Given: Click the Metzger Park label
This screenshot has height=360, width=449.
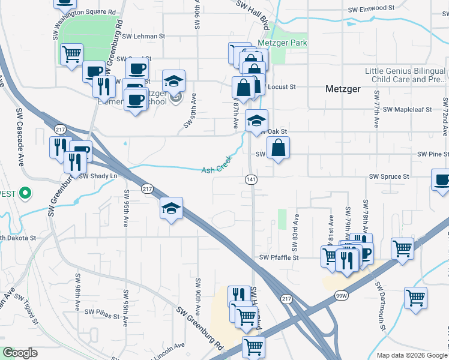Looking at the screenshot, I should (x=282, y=43).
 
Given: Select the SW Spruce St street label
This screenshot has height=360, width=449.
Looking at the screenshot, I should (x=389, y=177).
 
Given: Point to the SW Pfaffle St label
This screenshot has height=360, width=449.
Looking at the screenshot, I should (x=279, y=257).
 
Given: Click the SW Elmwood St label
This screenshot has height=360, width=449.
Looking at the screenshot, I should (x=372, y=9).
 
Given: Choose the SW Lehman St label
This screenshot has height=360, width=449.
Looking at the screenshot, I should (x=143, y=36).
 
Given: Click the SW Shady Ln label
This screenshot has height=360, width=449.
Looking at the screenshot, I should (x=98, y=176).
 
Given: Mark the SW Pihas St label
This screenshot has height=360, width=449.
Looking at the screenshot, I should (x=103, y=312).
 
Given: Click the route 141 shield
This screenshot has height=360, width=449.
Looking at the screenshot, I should (x=251, y=179).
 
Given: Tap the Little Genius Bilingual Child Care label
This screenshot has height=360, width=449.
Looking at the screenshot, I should (x=405, y=75).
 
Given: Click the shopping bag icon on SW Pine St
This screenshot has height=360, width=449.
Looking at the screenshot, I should (x=279, y=148).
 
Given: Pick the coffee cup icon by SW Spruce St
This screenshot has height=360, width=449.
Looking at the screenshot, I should (x=442, y=180).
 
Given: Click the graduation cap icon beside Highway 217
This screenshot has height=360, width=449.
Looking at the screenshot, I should (x=172, y=208).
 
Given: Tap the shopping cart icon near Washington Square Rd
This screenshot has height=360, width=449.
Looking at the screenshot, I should (x=71, y=54).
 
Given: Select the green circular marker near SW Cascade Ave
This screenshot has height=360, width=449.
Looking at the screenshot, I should (x=25, y=193).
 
